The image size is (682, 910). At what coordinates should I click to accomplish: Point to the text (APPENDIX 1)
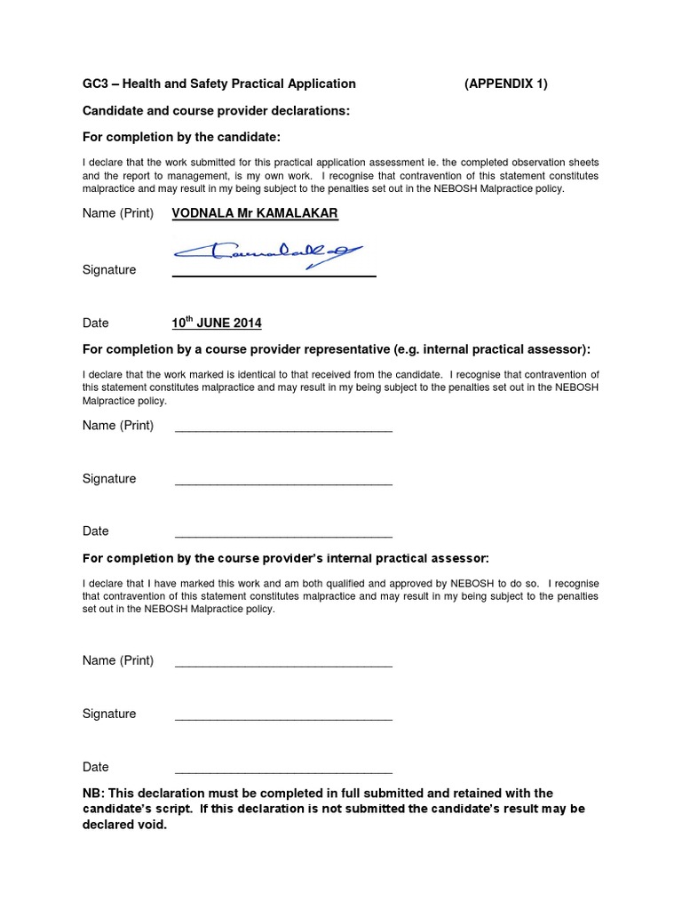point(505,84)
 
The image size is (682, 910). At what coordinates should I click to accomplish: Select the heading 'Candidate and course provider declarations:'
point(216,111)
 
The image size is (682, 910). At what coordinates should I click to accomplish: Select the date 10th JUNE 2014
point(217,323)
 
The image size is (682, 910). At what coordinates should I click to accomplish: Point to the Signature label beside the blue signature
point(109,269)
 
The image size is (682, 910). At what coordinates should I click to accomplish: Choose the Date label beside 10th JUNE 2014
point(96,323)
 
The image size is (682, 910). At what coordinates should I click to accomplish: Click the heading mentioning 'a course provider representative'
point(336,349)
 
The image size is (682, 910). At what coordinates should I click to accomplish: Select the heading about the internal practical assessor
point(285,558)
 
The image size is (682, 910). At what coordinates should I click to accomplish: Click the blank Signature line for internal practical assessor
point(283,717)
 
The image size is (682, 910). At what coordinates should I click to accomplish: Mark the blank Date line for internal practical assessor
point(283,770)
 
